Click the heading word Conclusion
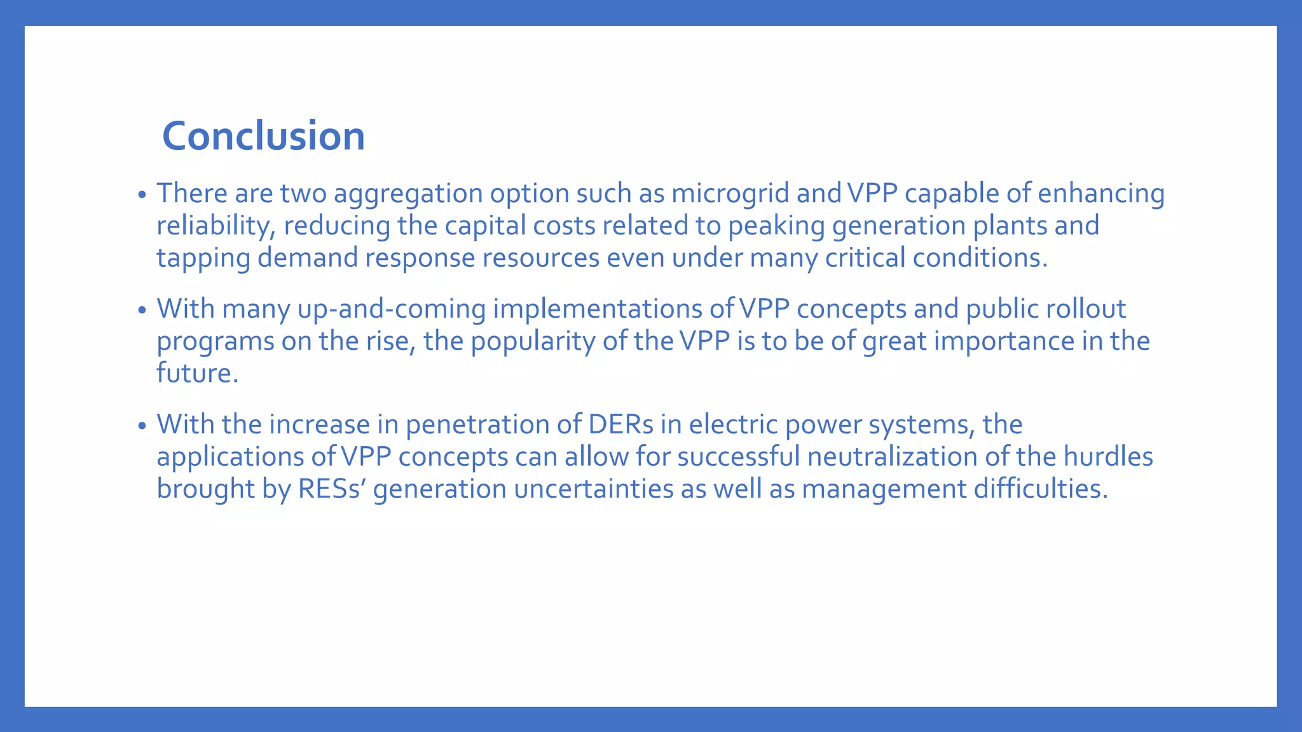[263, 136]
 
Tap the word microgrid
[730, 193]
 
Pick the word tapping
[203, 258]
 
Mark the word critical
[865, 258]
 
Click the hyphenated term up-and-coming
[392, 309]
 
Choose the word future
[197, 373]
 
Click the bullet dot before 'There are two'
[142, 194]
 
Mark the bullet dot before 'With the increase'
[142, 426]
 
